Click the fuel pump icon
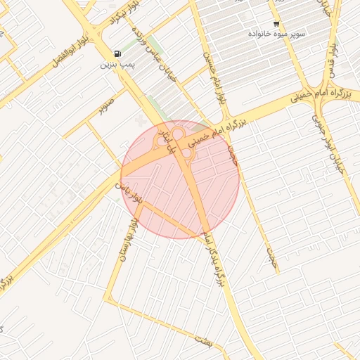click(x=117, y=53)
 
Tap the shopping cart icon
click(x=276, y=23)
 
